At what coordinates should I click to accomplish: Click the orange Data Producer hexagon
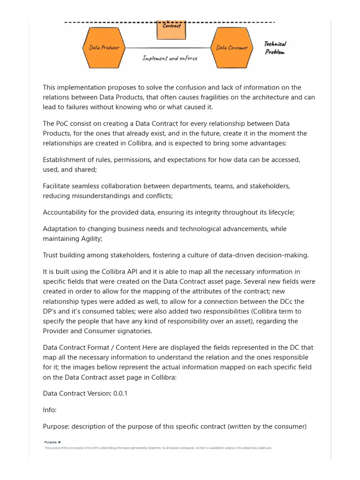tap(104, 47)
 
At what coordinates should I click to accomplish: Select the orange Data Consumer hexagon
tap(232, 47)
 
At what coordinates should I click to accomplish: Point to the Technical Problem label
tap(275, 48)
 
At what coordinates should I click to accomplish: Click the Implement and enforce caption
tap(170, 59)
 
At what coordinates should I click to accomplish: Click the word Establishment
tap(66, 159)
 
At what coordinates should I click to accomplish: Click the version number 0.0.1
tap(120, 393)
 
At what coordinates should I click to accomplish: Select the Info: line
tap(50, 410)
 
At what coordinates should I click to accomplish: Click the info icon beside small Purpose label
tap(60, 442)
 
